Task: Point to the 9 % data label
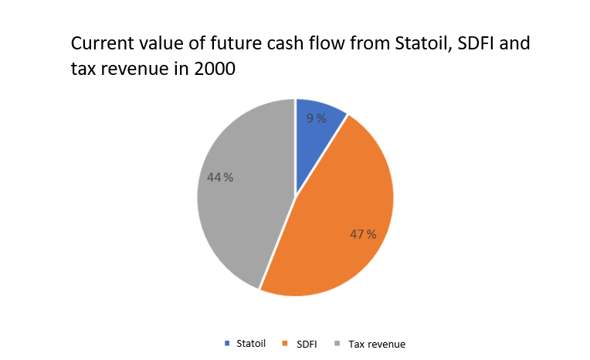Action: point(315,118)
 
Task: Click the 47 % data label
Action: point(363,234)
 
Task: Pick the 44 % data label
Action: point(220,177)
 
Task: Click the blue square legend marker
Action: point(226,343)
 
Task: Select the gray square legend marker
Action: point(337,343)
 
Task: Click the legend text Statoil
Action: point(250,343)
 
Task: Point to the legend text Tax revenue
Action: point(376,343)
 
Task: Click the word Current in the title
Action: point(100,43)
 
